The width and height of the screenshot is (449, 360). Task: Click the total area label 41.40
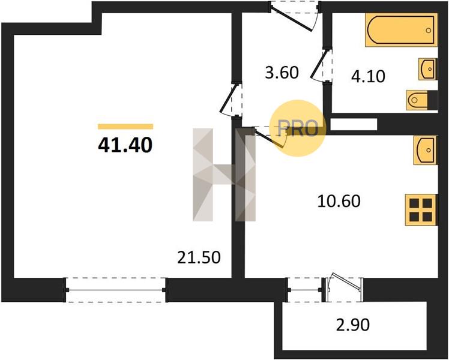(x=125, y=145)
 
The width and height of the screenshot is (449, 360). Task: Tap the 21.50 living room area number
(x=199, y=257)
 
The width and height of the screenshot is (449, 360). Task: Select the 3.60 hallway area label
(x=282, y=73)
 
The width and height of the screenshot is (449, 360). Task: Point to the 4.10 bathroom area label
(x=368, y=76)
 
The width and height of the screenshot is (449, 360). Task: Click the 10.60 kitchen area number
(x=339, y=201)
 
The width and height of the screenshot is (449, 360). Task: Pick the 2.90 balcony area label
(x=352, y=325)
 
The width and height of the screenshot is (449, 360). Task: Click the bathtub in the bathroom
(x=401, y=30)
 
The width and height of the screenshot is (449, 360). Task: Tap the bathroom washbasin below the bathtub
(x=428, y=69)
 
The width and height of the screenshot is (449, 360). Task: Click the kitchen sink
(x=425, y=150)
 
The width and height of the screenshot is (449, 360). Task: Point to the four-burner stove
(x=421, y=210)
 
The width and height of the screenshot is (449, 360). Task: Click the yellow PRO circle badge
(x=298, y=128)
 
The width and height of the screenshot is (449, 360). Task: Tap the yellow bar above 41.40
(x=125, y=127)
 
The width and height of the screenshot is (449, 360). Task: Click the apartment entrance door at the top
(x=295, y=16)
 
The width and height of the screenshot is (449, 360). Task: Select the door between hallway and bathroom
(x=321, y=65)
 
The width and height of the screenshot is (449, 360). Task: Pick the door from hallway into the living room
(x=231, y=99)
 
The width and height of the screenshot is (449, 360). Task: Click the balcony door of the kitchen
(x=343, y=290)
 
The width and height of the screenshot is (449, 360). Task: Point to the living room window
(x=115, y=290)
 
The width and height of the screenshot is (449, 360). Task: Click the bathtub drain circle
(x=429, y=31)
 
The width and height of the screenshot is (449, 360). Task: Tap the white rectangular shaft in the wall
(x=354, y=124)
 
